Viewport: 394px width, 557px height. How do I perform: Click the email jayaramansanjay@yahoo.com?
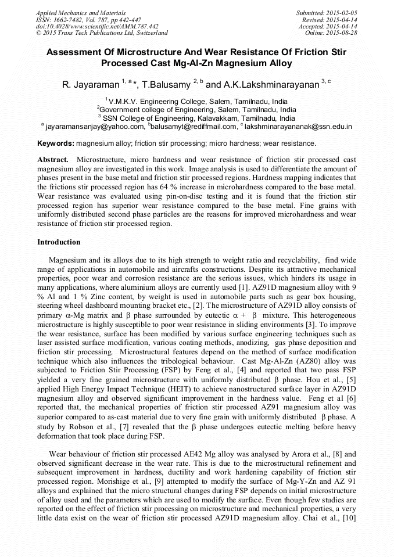tap(94, 126)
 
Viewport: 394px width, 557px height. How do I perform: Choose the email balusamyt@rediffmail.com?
tap(194, 126)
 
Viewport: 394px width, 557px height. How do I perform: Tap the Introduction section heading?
tap(59, 242)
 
